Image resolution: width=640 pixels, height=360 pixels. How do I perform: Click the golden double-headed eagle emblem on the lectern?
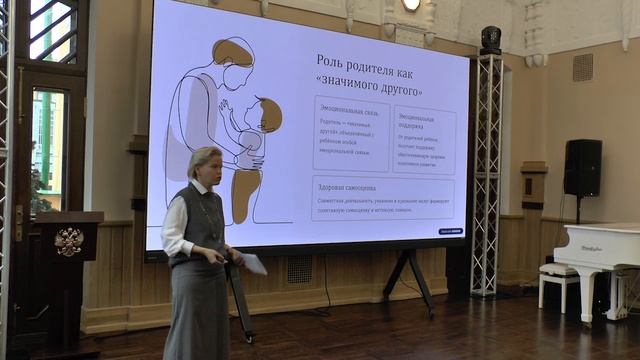tap(68, 242)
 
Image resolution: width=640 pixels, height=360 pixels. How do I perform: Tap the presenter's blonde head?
tap(204, 164)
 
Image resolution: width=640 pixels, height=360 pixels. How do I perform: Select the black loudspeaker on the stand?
tap(582, 167)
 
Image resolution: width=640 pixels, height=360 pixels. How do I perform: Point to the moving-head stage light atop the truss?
tap(490, 39)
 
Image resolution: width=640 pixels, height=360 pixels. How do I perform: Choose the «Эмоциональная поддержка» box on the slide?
tap(424, 140)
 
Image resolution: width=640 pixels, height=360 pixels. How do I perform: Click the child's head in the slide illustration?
tap(266, 113)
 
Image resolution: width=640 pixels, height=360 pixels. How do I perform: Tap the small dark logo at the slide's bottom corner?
tap(450, 231)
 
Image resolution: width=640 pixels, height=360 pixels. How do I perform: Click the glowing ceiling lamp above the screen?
tap(411, 4)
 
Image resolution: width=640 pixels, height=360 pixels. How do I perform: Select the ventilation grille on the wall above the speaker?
tap(582, 67)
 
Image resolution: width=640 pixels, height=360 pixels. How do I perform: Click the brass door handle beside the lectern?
tap(19, 222)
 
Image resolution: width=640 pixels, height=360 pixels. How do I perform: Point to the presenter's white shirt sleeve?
tap(175, 229)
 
